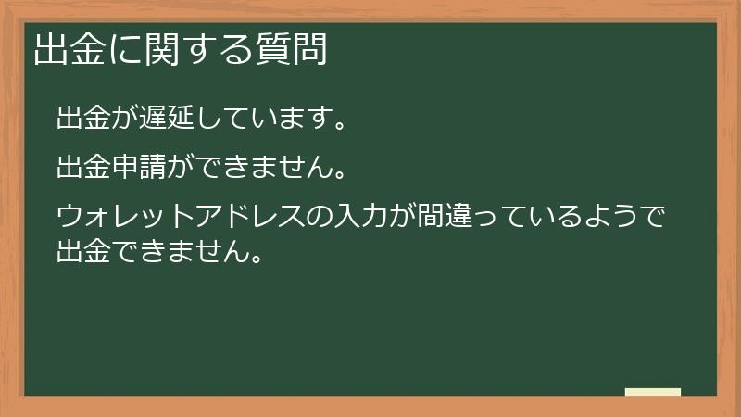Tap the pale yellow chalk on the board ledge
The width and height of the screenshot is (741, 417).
tap(653, 392)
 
